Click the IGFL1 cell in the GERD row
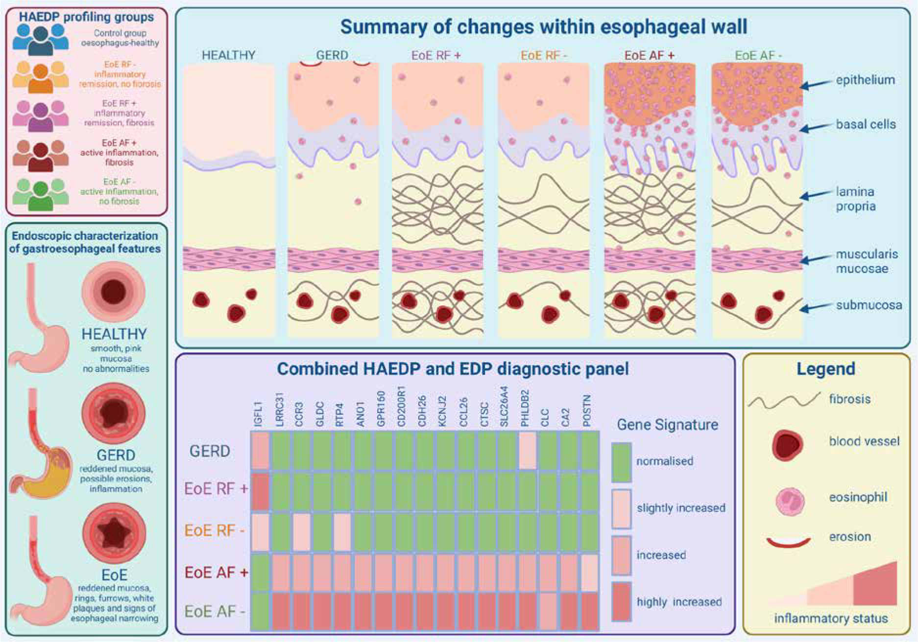260,451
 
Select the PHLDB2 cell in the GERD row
527,451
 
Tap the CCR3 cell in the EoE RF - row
301,531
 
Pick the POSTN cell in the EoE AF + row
589,572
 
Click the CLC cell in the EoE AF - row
548,611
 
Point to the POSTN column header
587,411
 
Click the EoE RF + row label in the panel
216,488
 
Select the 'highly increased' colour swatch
621,602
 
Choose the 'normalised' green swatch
621,462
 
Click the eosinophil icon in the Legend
790,501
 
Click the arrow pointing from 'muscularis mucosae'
817,258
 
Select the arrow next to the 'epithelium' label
817,84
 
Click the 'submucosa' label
869,305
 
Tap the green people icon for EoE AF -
40,194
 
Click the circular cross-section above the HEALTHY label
113,292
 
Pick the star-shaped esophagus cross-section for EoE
114,532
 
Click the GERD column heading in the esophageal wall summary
332,55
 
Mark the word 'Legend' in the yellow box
825,368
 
